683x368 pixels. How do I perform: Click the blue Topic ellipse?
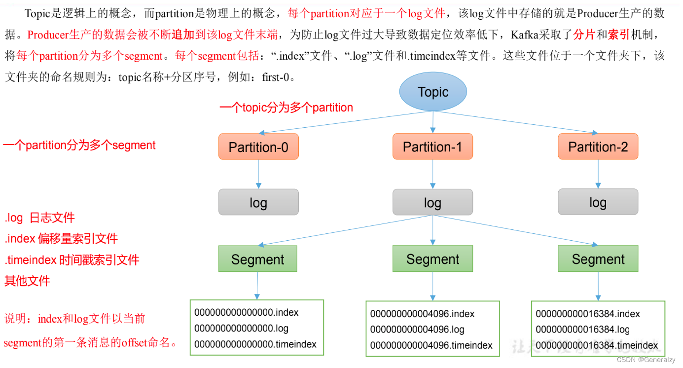click(432, 92)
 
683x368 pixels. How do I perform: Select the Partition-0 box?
click(258, 147)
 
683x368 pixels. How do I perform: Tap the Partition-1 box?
click(432, 147)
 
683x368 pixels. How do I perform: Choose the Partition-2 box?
click(598, 147)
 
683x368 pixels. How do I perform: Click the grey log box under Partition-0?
click(258, 202)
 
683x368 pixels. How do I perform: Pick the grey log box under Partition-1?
click(432, 202)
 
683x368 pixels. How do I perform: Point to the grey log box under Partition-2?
click(598, 202)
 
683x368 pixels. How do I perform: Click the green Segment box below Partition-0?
click(257, 259)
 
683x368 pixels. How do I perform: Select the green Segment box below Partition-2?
click(598, 259)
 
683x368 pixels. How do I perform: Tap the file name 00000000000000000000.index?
click(246, 312)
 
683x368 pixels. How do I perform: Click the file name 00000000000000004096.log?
click(417, 330)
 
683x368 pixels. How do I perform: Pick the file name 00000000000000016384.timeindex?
click(597, 345)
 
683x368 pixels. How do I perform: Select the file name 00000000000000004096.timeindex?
click(431, 346)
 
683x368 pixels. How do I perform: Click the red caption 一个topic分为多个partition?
click(286, 108)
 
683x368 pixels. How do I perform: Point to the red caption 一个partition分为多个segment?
click(79, 145)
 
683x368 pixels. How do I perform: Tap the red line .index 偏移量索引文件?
click(61, 239)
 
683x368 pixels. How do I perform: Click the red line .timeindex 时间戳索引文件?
click(72, 260)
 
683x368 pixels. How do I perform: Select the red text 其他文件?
click(27, 281)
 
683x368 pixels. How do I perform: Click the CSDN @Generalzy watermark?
click(646, 360)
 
